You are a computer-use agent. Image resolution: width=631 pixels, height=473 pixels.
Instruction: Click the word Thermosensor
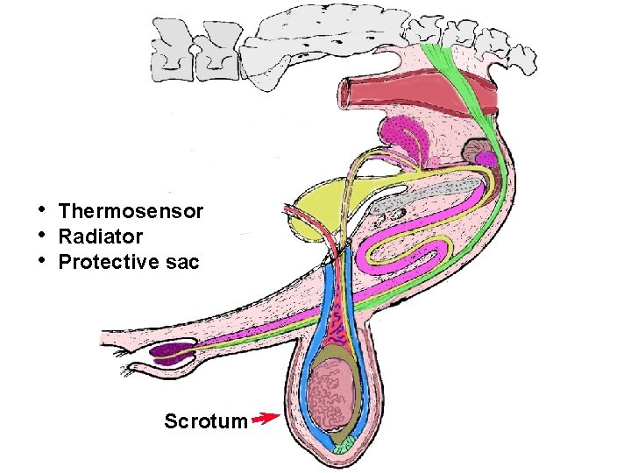click(x=131, y=211)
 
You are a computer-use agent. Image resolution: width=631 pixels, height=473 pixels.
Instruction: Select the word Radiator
click(x=100, y=236)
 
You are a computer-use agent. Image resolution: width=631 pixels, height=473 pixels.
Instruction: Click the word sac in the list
click(x=184, y=262)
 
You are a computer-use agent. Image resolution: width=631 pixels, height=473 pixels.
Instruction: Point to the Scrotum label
click(x=205, y=421)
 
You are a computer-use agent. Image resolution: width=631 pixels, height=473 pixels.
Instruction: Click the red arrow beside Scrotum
click(x=265, y=419)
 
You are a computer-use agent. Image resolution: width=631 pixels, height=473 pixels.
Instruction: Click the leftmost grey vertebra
click(x=170, y=48)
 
